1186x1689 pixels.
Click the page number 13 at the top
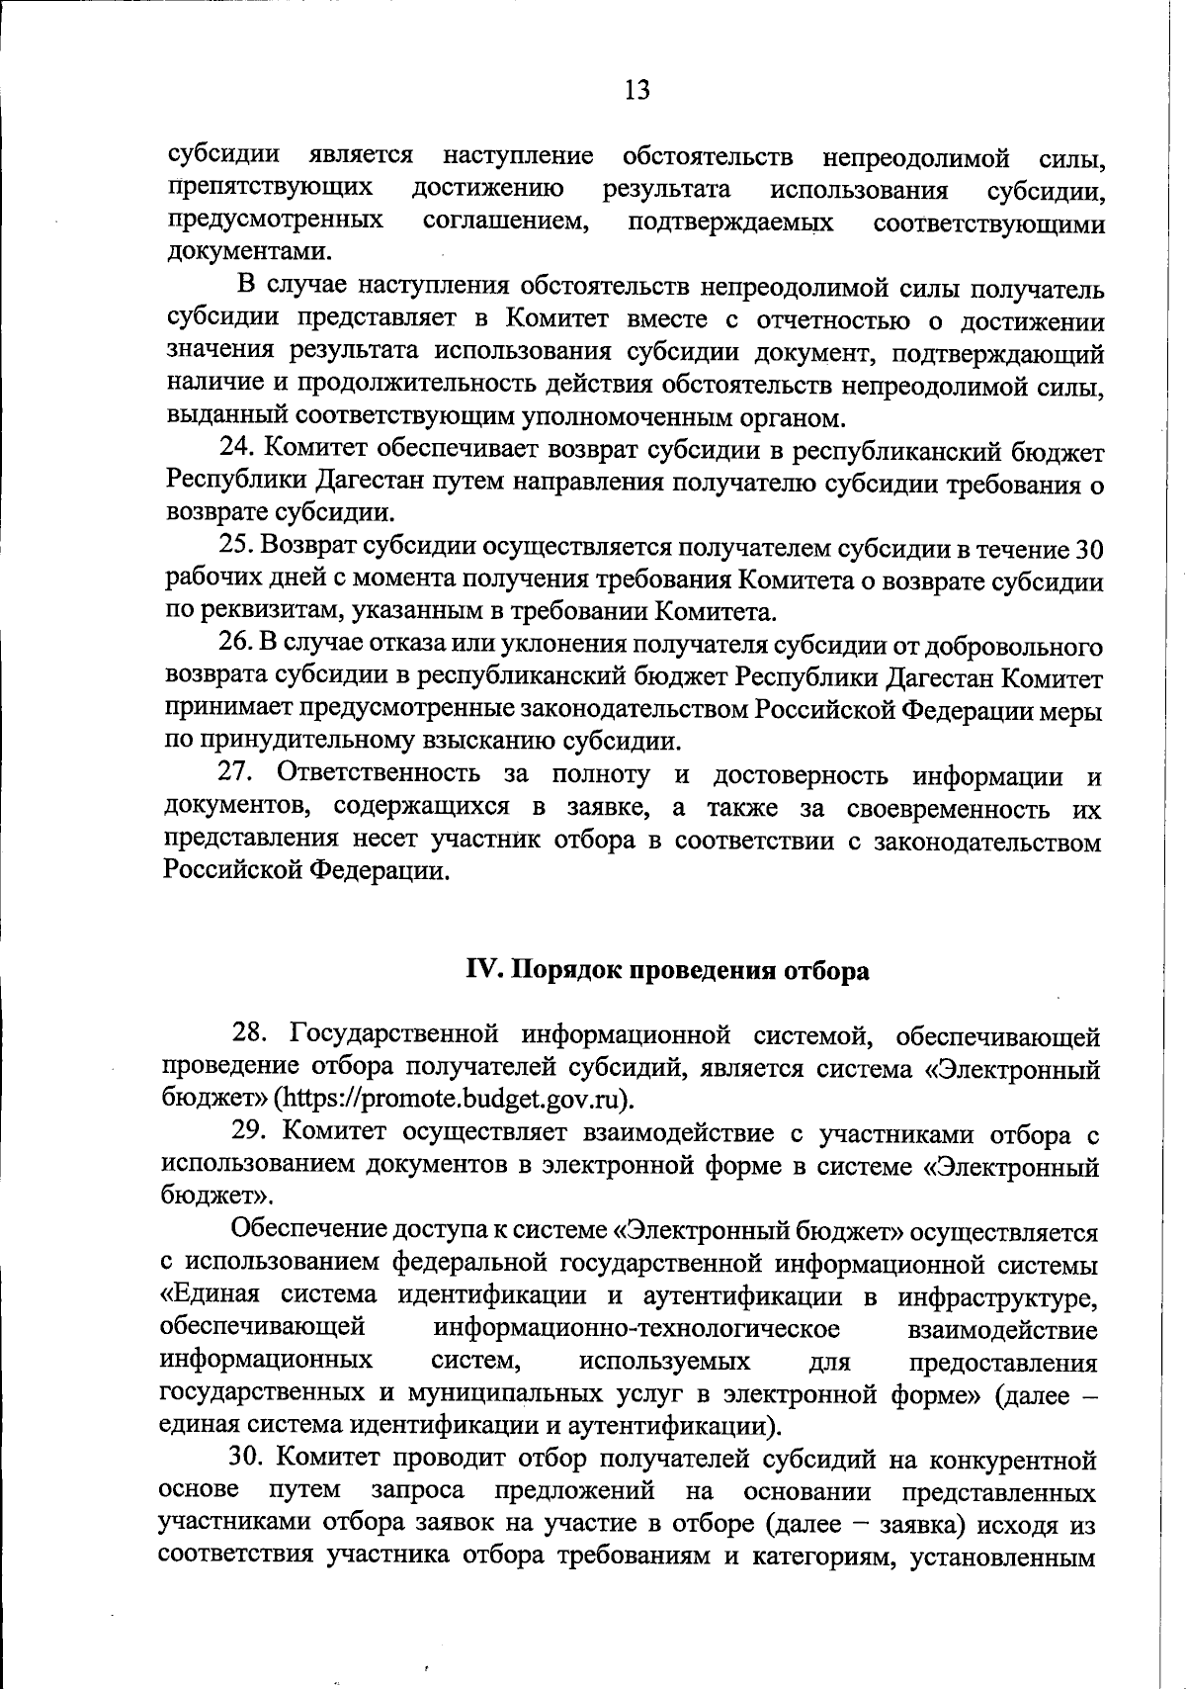click(637, 91)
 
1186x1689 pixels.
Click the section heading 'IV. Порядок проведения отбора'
click(667, 970)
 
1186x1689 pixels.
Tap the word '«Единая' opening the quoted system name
click(209, 1295)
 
